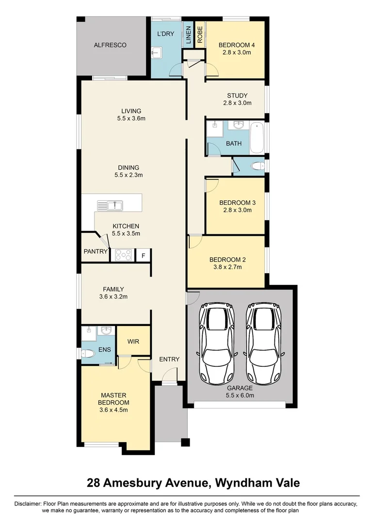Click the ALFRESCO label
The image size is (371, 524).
[110, 45]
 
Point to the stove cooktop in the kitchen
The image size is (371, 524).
[124, 255]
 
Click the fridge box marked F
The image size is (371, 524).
[144, 255]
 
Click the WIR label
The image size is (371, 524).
[133, 342]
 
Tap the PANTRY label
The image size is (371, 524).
[95, 252]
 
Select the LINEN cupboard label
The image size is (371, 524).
[188, 35]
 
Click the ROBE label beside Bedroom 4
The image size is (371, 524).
[199, 34]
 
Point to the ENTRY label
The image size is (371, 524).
[169, 360]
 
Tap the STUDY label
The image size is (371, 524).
[237, 96]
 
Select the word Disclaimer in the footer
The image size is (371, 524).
[28, 504]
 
